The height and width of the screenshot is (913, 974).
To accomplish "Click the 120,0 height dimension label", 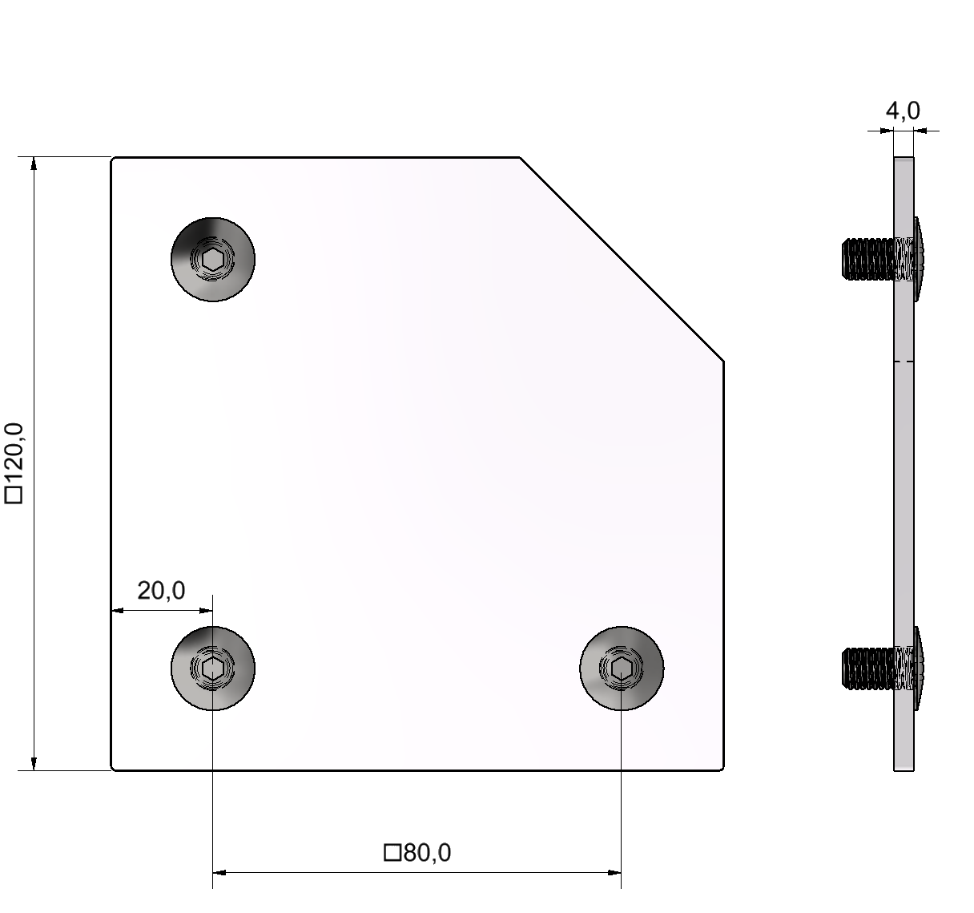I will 16,453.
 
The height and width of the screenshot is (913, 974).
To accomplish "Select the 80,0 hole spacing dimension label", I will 427,853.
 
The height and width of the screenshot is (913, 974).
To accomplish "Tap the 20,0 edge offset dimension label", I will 161,591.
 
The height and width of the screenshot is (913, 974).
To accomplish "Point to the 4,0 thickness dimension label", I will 902,111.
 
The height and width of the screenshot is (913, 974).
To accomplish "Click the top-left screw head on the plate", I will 213,259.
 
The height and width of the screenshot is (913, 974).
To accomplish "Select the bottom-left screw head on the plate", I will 213,668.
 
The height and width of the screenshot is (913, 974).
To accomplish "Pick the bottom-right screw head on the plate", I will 622,668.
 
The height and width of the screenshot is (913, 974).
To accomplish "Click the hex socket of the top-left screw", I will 213,259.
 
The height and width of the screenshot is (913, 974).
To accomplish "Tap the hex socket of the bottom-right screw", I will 622,668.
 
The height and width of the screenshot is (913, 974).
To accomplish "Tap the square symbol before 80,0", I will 392,853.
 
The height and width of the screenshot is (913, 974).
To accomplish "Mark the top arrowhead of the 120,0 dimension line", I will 34,164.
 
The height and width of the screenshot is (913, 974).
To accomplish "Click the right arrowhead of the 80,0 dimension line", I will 614,871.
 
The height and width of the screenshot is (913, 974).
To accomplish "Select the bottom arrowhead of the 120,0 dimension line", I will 34,763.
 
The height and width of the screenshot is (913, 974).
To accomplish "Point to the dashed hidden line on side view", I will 904,362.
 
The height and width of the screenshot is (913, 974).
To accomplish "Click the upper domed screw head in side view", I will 920,259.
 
